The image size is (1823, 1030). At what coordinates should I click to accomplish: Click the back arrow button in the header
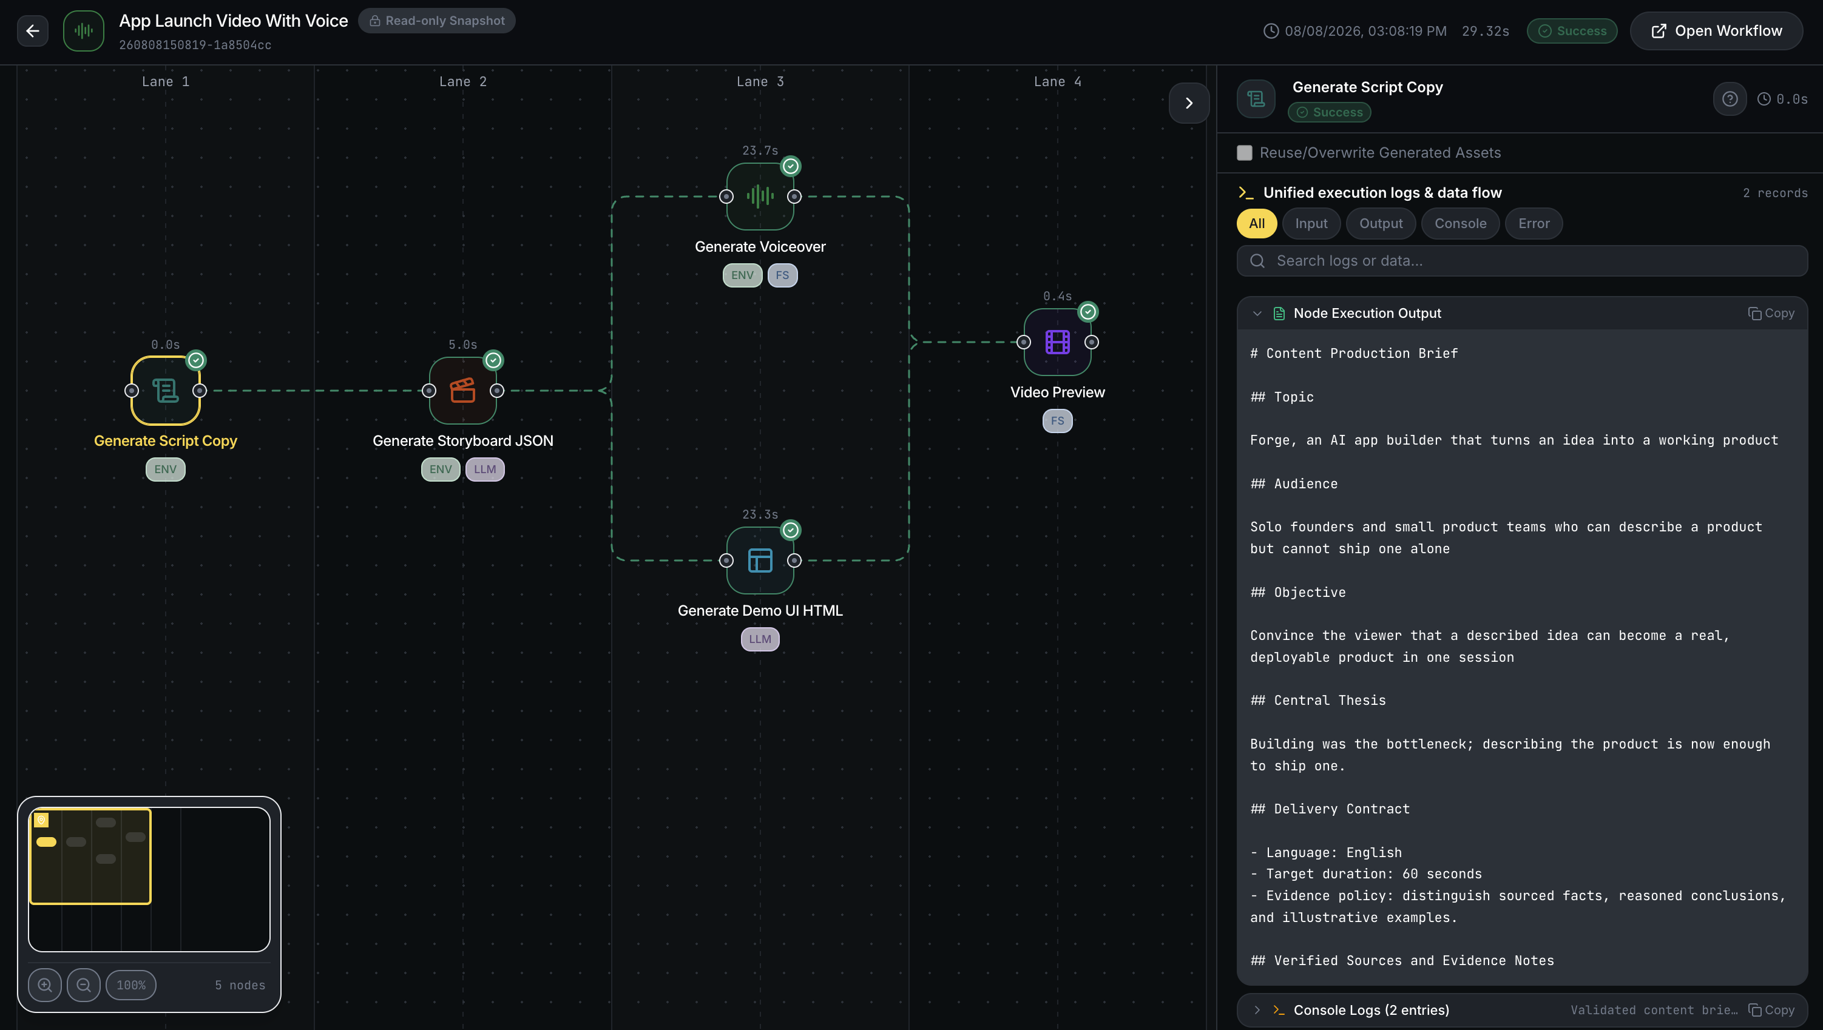pos(33,30)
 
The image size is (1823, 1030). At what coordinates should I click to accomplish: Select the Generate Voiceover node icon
pos(760,196)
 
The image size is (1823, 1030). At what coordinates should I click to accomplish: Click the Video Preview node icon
pos(1057,342)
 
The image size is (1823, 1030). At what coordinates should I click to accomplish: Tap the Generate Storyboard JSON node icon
pos(463,390)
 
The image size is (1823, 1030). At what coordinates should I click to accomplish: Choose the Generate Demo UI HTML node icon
pos(760,560)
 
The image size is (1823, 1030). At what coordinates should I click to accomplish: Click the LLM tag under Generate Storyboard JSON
pos(485,469)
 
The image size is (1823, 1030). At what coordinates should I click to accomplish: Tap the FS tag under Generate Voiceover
pos(782,275)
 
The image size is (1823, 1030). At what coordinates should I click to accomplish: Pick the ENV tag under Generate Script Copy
pos(166,469)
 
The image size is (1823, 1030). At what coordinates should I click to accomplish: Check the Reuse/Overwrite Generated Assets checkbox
pos(1244,153)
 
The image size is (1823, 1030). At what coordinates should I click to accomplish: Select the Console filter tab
pos(1460,224)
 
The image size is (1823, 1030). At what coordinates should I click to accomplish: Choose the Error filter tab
pos(1534,224)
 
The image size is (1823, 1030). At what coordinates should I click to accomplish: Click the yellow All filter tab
pos(1257,224)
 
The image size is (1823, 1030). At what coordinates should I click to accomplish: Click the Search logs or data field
pos(1522,261)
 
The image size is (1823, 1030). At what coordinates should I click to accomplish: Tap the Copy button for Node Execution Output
pos(1771,314)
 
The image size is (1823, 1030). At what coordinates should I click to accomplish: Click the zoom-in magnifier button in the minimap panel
pos(44,985)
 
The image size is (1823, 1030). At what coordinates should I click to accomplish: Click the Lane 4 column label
pos(1057,81)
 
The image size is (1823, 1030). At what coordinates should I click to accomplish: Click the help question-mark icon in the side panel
pos(1730,99)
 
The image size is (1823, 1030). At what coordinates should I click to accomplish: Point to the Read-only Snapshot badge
pos(437,21)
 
